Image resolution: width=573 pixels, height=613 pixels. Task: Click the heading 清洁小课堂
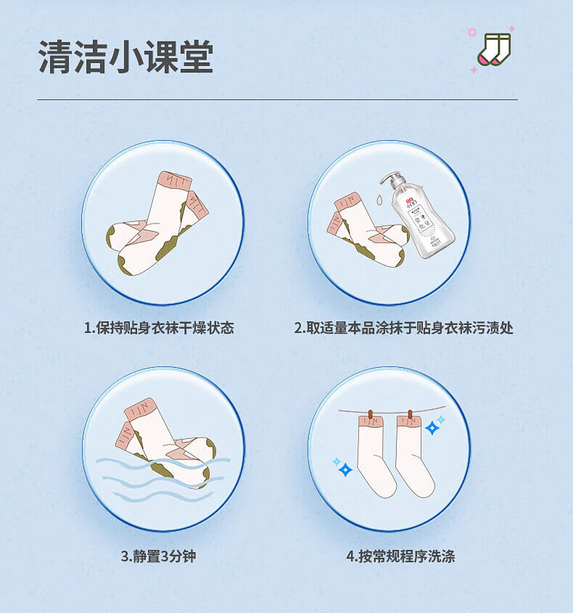coord(126,57)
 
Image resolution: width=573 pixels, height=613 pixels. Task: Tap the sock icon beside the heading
coord(495,49)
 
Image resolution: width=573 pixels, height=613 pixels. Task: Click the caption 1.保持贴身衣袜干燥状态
coord(159,328)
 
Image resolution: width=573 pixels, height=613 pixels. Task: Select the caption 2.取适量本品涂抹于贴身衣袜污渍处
coord(403,328)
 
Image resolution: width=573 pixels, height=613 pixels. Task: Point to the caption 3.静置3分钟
coord(158,556)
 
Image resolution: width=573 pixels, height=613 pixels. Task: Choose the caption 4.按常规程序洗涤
coord(400,556)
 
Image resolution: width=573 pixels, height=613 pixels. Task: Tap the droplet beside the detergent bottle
coord(379,199)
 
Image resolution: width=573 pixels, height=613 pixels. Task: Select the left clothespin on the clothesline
coord(370,414)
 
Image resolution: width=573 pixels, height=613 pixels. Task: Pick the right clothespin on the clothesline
coord(410,414)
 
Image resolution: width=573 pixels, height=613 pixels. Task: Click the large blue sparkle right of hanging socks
coord(432,428)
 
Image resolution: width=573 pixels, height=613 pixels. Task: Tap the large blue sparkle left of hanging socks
coord(345,469)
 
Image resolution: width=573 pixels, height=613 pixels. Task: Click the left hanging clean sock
coord(374,456)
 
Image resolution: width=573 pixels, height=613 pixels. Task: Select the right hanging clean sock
coord(413,456)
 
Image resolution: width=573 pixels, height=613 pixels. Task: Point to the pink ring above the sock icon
coord(472,32)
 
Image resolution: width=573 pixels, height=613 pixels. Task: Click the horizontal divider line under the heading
coord(278,99)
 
